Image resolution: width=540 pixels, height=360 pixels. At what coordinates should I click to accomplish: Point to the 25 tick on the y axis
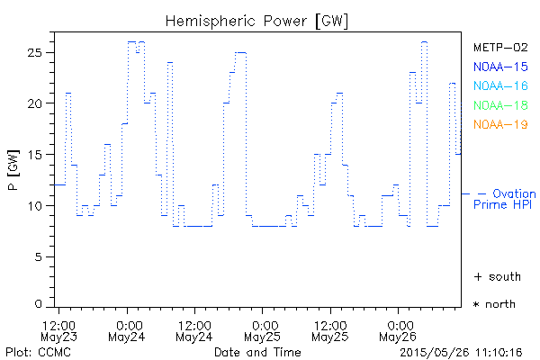(x=39, y=52)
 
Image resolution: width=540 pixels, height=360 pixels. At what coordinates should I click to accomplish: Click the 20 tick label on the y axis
(x=39, y=103)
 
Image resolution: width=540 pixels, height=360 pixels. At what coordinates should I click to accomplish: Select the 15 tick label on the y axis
(x=39, y=155)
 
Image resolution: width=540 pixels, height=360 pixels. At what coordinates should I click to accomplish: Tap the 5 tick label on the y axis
(x=42, y=257)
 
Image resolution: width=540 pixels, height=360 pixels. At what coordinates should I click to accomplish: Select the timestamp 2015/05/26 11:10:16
(x=461, y=351)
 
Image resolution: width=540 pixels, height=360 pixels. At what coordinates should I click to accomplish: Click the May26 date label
(x=398, y=337)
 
